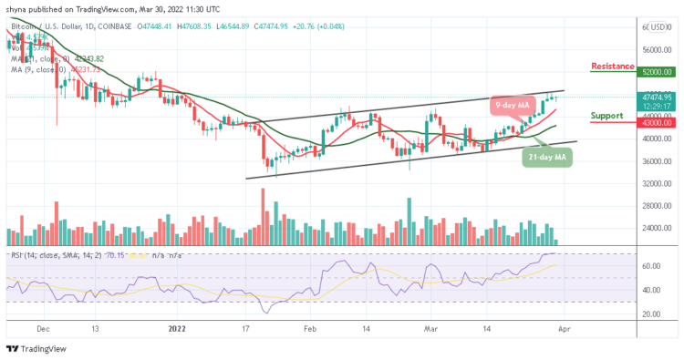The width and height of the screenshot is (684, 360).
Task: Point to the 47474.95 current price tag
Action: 655,97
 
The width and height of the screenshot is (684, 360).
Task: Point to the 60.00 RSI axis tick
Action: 649,266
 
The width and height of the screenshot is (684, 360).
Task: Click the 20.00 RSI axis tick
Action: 649,314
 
